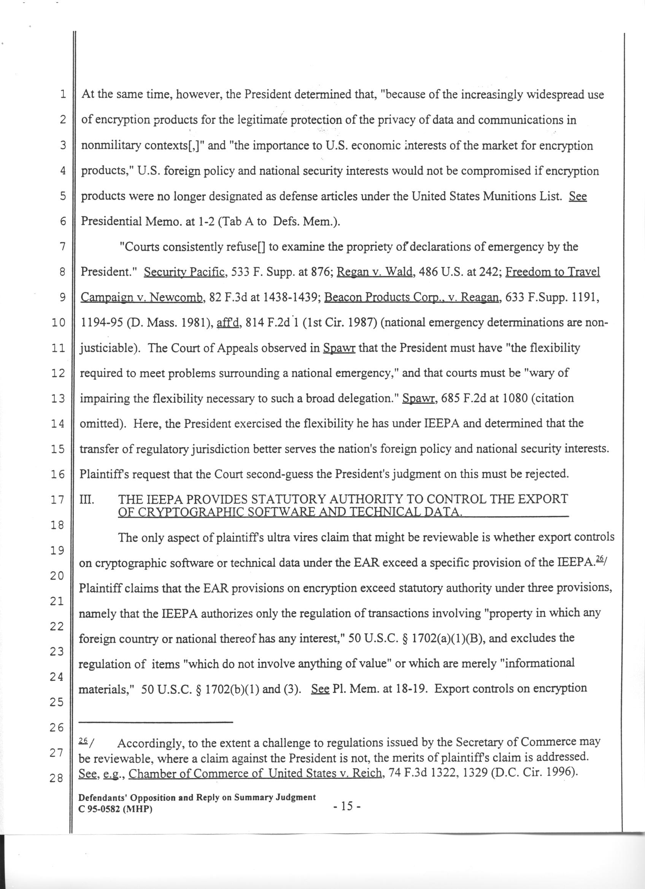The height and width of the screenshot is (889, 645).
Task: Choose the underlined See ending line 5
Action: [578, 196]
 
